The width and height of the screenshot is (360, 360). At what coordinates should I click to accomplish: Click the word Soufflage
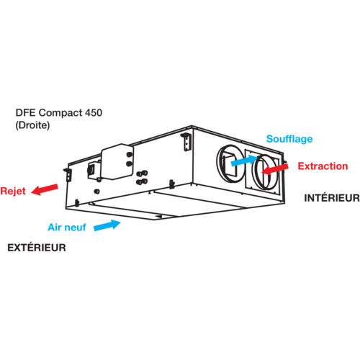pos(289,139)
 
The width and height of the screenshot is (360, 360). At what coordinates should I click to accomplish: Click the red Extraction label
pos(323,166)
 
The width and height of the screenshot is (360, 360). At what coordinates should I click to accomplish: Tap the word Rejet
pos(13,191)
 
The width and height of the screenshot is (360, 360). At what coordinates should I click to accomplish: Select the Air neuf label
pos(67,228)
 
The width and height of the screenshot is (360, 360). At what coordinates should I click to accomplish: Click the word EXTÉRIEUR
pos(37,248)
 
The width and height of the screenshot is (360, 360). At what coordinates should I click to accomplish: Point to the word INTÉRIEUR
pos(332,198)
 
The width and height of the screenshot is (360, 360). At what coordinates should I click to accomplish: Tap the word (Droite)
pos(32,125)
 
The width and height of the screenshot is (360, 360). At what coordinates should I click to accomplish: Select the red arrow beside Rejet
pos(45,189)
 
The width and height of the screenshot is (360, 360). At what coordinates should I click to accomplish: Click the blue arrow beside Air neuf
pos(107,225)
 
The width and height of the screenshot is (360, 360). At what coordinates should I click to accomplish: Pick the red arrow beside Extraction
pos(275,169)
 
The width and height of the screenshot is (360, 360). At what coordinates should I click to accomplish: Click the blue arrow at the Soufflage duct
pos(245,160)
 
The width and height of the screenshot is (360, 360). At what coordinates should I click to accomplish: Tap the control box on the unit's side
pos(117,162)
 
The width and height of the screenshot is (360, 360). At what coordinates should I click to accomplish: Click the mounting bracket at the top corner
pos(186,142)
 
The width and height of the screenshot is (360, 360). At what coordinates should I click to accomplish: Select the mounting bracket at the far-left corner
pos(68,174)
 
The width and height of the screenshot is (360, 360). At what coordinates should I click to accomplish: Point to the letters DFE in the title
pos(26,112)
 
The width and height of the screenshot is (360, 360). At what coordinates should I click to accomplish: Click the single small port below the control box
pos(97,192)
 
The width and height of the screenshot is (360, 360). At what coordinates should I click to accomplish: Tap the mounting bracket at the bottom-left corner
pos(77,203)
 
